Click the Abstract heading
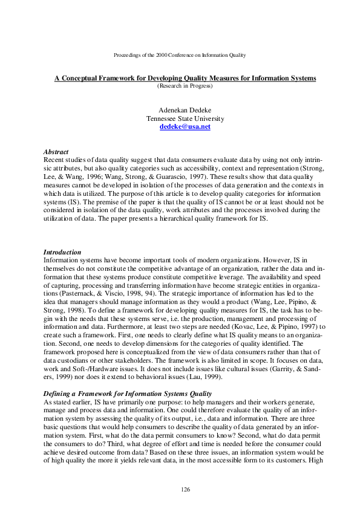tap(56, 151)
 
